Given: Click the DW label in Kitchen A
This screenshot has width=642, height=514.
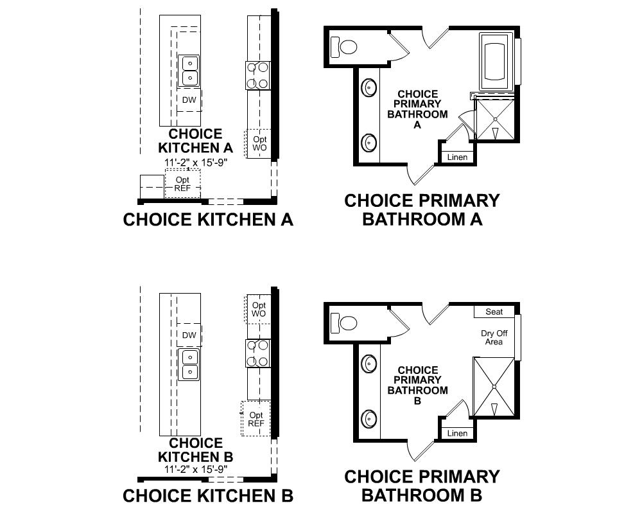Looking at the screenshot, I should tap(189, 100).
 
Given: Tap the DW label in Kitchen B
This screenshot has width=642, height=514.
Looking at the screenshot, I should tap(189, 335).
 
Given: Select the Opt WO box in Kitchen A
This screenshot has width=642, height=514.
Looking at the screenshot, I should tap(259, 143).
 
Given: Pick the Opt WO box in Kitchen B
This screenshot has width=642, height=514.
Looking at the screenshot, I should tap(259, 309).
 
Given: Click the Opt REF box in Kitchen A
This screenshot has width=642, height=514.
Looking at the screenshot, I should tap(182, 184).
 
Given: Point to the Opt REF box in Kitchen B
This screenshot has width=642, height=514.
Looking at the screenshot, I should tap(256, 419).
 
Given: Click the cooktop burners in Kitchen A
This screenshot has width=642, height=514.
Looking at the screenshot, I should tap(257, 75).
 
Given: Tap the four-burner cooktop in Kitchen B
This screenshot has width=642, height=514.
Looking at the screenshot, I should tap(257, 353).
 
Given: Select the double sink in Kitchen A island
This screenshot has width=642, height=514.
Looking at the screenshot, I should tap(189, 71).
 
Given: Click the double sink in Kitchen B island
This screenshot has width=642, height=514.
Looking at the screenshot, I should tap(189, 364).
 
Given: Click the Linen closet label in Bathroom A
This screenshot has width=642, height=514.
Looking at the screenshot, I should tap(457, 157).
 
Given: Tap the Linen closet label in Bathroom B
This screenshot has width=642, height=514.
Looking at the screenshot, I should tap(457, 433).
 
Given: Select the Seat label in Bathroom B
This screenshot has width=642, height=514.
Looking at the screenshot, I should tap(494, 312).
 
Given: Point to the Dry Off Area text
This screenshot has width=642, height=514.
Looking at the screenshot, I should tap(494, 337).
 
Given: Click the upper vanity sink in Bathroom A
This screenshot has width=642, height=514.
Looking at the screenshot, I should tap(369, 87).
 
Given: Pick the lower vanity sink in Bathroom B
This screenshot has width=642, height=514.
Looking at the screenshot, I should tap(369, 419).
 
